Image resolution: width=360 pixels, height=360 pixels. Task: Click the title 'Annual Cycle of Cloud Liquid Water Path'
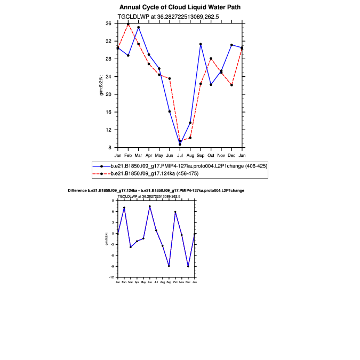coord(180,7)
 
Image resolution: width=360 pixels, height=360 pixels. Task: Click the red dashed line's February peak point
coord(128,24)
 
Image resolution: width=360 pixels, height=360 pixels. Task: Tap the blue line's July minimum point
coord(180,144)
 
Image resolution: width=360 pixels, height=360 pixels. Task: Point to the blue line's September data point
coord(201,44)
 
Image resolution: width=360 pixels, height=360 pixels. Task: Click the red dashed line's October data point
coord(211,58)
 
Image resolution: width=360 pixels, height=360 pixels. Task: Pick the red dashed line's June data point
coord(170,78)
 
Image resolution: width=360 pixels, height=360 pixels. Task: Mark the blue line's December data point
coord(231,45)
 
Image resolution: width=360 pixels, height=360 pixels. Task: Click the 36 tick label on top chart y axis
coord(108,23)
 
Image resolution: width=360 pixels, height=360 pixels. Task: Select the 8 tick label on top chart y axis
coord(109,147)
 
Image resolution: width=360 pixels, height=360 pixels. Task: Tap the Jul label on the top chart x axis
coord(180,155)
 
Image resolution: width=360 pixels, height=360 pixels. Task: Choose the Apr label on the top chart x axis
coord(149,155)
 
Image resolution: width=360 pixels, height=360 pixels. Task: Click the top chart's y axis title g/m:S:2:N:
coord(101,85)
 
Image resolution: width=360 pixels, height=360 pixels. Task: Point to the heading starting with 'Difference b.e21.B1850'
coord(156,190)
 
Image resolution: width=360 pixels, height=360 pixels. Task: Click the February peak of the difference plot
coord(124,207)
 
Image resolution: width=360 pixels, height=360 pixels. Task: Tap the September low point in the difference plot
coord(169,266)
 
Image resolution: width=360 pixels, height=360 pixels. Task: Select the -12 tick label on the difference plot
coord(113,277)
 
